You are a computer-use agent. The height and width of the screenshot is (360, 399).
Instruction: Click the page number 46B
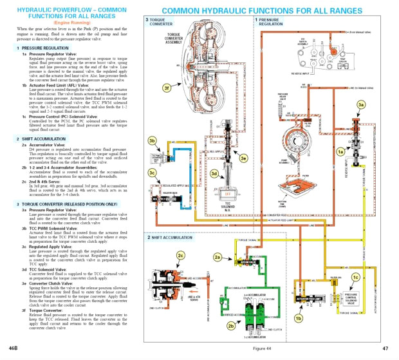tap(12, 348)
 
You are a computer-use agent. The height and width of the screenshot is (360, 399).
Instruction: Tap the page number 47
tap(385, 348)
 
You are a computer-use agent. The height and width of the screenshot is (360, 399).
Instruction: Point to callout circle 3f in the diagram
tap(149, 87)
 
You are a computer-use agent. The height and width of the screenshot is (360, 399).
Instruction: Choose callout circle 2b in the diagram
tap(230, 326)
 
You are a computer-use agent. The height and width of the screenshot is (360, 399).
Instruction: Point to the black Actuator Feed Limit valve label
tap(308, 299)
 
